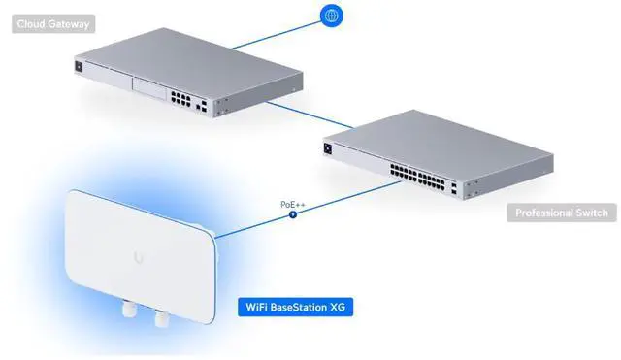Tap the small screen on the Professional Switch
coord(327,148)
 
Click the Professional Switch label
coord(561,213)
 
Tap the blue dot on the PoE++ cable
coord(292,214)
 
